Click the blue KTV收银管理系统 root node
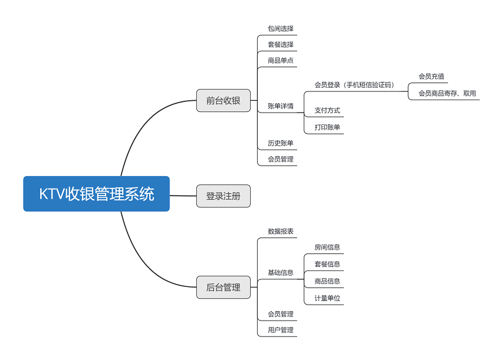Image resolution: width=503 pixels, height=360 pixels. point(97,194)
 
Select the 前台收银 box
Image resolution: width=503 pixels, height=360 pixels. point(223,101)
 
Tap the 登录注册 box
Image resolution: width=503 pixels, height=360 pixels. point(223,196)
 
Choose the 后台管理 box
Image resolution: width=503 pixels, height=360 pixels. point(223,288)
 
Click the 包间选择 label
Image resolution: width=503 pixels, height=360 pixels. point(281,28)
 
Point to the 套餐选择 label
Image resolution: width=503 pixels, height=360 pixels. point(281,44)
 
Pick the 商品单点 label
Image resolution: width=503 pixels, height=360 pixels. point(281,60)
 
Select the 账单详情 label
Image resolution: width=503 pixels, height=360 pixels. point(281,106)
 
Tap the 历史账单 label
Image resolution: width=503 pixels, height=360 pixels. point(281,143)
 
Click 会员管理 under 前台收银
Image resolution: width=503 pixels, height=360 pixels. point(281,159)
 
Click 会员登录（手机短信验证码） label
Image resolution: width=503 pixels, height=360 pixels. point(354,85)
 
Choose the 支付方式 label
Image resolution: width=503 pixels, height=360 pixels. point(327,110)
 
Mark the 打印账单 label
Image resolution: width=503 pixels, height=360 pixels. point(327,127)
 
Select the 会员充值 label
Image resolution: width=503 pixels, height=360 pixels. point(432,76)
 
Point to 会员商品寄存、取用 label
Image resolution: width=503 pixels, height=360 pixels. point(447,93)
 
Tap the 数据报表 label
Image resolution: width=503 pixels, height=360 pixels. point(281,231)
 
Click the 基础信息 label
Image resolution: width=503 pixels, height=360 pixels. point(281,273)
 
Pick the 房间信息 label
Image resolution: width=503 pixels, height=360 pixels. point(327,247)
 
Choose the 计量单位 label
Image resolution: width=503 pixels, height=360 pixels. point(327,298)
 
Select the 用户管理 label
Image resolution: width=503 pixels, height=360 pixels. point(281,330)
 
